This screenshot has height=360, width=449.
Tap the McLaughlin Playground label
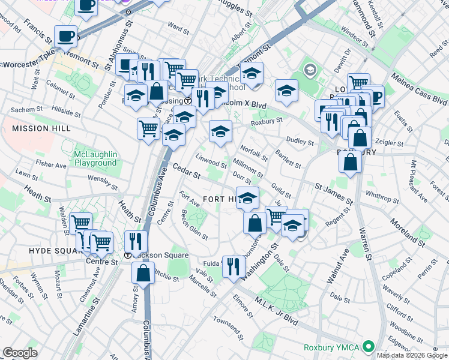95,159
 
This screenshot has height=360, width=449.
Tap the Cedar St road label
186,171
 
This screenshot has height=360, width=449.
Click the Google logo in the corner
20,352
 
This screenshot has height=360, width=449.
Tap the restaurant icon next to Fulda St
234,265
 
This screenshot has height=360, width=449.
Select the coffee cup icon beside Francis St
65,35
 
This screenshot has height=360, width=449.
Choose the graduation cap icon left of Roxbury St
221,131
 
